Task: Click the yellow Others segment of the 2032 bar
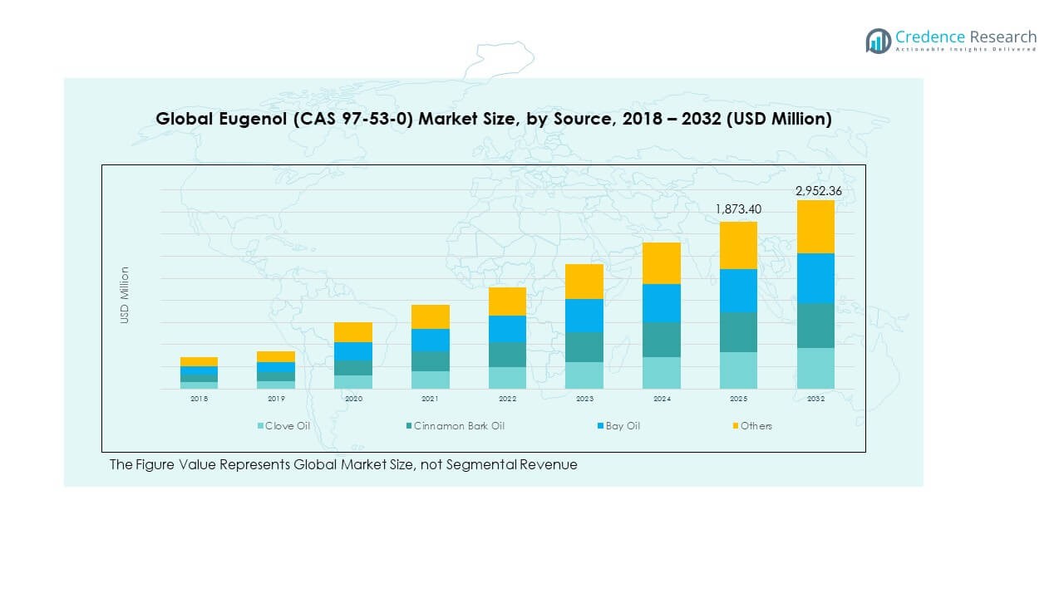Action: pos(815,227)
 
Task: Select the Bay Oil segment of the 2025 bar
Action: pos(738,291)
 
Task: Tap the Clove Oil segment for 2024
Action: pos(661,373)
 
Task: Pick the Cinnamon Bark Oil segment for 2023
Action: pos(584,347)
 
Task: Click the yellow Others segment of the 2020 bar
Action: pos(353,332)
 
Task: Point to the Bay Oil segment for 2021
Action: pos(431,340)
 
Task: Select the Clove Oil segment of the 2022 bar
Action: pos(507,378)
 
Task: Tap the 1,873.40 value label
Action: pos(738,210)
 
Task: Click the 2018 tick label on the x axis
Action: pos(199,399)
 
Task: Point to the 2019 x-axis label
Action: pos(276,399)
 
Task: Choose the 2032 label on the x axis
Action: pos(815,399)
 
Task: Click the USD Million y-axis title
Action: pos(125,295)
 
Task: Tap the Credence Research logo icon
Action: pos(878,41)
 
